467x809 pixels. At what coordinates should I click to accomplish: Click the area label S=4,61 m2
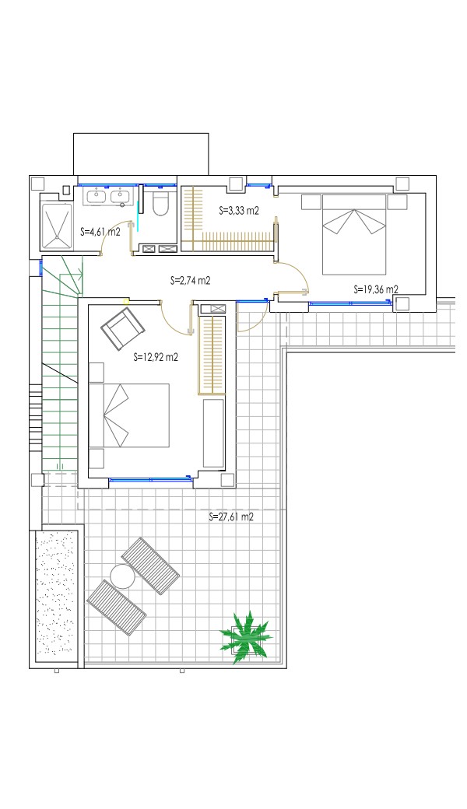pos(100,232)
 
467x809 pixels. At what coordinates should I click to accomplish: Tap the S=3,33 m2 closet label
pos(239,211)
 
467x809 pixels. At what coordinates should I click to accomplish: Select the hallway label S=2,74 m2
pos(190,281)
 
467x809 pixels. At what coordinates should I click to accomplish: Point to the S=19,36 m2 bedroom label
pos(376,289)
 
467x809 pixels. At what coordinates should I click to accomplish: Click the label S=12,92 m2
pos(156,356)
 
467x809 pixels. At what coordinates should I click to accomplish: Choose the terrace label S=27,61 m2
pos(231,516)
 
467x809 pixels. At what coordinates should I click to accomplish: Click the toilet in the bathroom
pos(160,204)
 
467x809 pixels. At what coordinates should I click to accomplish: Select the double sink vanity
pos(108,196)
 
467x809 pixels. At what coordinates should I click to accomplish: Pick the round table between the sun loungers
pos(122,576)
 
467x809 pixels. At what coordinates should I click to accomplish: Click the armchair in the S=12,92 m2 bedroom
pos(123,327)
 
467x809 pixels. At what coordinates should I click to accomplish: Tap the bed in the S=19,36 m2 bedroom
pos(354,234)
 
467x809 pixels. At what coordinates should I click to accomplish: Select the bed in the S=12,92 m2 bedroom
pos(129,415)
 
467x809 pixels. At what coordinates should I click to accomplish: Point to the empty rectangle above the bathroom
pos(142,154)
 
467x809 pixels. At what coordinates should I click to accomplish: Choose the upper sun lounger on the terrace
pos(151,566)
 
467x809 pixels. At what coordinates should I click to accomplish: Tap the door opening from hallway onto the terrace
pos(251,316)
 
